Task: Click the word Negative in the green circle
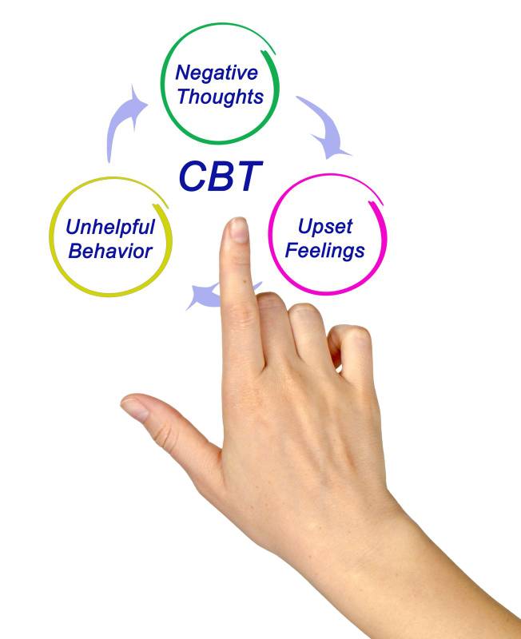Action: (x=217, y=73)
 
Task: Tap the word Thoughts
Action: (x=220, y=97)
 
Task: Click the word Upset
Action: (x=325, y=226)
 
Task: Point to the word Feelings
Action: (x=325, y=250)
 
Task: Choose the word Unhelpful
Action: (x=110, y=227)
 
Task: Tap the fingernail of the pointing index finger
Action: (x=238, y=230)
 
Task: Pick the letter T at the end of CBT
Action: (x=249, y=177)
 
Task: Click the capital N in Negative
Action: (x=183, y=73)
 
